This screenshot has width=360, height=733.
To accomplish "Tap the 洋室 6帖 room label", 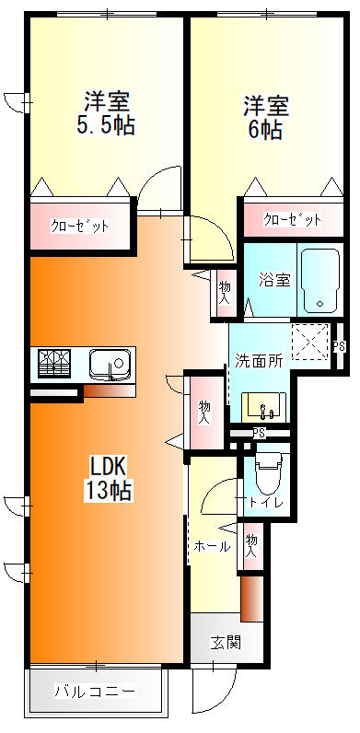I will pos(265,117).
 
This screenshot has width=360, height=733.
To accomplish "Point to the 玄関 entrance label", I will pos(224,642).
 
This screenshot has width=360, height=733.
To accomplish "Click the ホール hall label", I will pos(212,546).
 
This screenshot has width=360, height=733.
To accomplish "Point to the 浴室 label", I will pos(273,279).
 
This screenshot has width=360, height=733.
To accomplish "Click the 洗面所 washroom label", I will pos(258,360).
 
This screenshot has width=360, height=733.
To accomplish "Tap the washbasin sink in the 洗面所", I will pos(264,405).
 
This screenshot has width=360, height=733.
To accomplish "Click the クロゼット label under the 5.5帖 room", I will pos(79,226).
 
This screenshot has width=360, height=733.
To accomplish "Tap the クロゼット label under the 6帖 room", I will pos(292,220).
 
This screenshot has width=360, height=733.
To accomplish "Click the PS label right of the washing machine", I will pos(339,346).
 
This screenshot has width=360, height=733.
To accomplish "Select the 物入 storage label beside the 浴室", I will pos(224,293).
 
